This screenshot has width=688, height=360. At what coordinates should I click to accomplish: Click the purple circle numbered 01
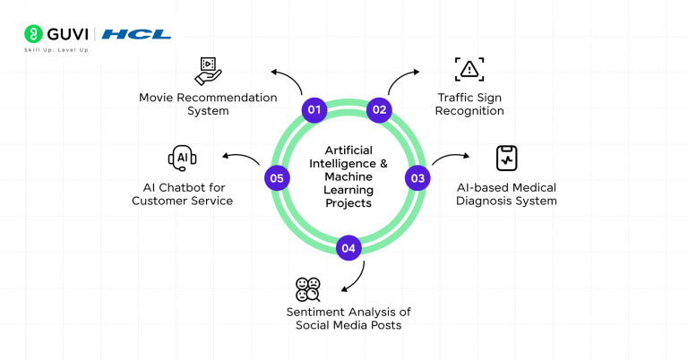pyautogui.click(x=314, y=110)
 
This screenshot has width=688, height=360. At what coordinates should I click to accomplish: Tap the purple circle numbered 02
pyautogui.click(x=380, y=110)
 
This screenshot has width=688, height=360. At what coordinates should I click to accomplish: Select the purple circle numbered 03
pyautogui.click(x=417, y=177)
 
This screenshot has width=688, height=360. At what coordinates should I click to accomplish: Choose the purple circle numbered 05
pyautogui.click(x=277, y=178)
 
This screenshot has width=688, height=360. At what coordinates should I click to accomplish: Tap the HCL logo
pyautogui.click(x=136, y=34)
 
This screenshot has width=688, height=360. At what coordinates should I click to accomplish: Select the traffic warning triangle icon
pyautogui.click(x=469, y=69)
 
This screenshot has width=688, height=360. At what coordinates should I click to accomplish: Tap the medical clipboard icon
pyautogui.click(x=506, y=159)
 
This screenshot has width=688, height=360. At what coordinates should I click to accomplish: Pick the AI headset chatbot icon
pyautogui.click(x=182, y=159)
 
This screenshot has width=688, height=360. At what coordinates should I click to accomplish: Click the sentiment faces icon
pyautogui.click(x=308, y=289)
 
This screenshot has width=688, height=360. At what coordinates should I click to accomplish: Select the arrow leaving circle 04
pyautogui.click(x=355, y=278)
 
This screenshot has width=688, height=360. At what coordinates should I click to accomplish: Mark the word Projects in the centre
pyautogui.click(x=348, y=202)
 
